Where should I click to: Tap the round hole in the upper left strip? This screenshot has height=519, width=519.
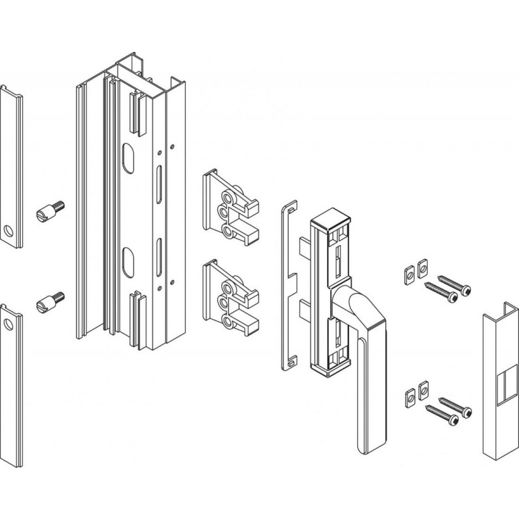pyautogui.click(x=9, y=230)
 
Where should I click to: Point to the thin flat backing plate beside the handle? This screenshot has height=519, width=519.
pyautogui.click(x=286, y=285)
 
